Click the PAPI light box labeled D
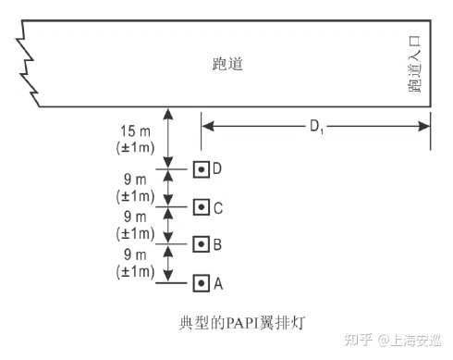point(202,169)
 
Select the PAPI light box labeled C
point(202,207)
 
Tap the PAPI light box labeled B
point(202,244)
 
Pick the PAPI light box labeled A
point(202,283)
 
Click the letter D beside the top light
point(217,169)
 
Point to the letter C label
point(218,208)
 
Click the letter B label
point(217,245)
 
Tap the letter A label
point(218,284)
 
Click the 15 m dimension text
point(135,131)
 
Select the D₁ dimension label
point(316,127)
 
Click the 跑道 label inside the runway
point(227,64)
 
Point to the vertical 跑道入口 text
point(414,64)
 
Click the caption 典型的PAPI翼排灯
point(242,323)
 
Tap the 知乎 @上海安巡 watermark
point(393,341)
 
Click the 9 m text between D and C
point(135,180)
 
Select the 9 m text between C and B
point(135,217)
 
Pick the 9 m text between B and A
point(135,254)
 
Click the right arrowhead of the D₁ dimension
point(424,126)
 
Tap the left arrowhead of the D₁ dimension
point(208,126)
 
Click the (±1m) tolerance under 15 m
point(135,148)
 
